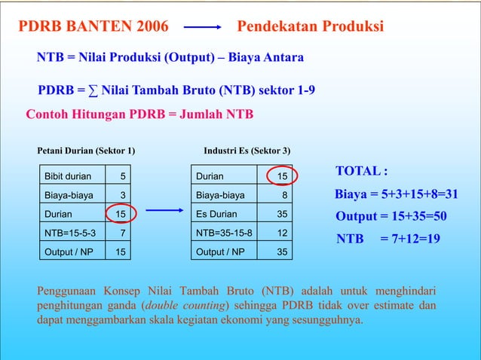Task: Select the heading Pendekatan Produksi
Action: [x=311, y=28]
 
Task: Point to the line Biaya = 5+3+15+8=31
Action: [x=397, y=194]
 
